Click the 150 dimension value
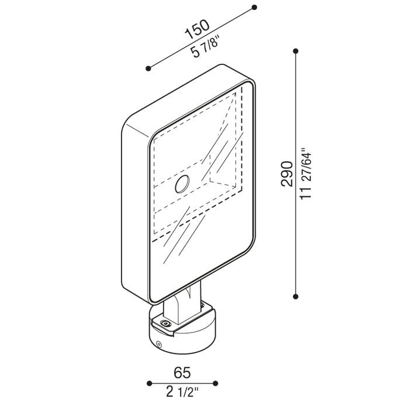(197, 29)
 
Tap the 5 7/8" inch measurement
(204, 48)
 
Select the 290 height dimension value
(287, 174)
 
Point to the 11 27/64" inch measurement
(306, 174)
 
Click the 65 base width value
(182, 373)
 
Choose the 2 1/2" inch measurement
(182, 391)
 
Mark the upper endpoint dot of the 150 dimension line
(254, 7)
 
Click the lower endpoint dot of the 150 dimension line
(148, 68)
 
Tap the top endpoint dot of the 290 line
(296, 51)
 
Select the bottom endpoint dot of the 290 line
(296, 297)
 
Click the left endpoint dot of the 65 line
(149, 383)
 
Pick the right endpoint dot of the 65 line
(215, 383)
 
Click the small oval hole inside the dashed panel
(182, 184)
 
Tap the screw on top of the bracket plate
(165, 324)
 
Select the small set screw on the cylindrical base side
(158, 344)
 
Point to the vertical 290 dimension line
(296, 174)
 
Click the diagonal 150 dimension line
(201, 38)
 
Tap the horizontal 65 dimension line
(182, 383)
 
